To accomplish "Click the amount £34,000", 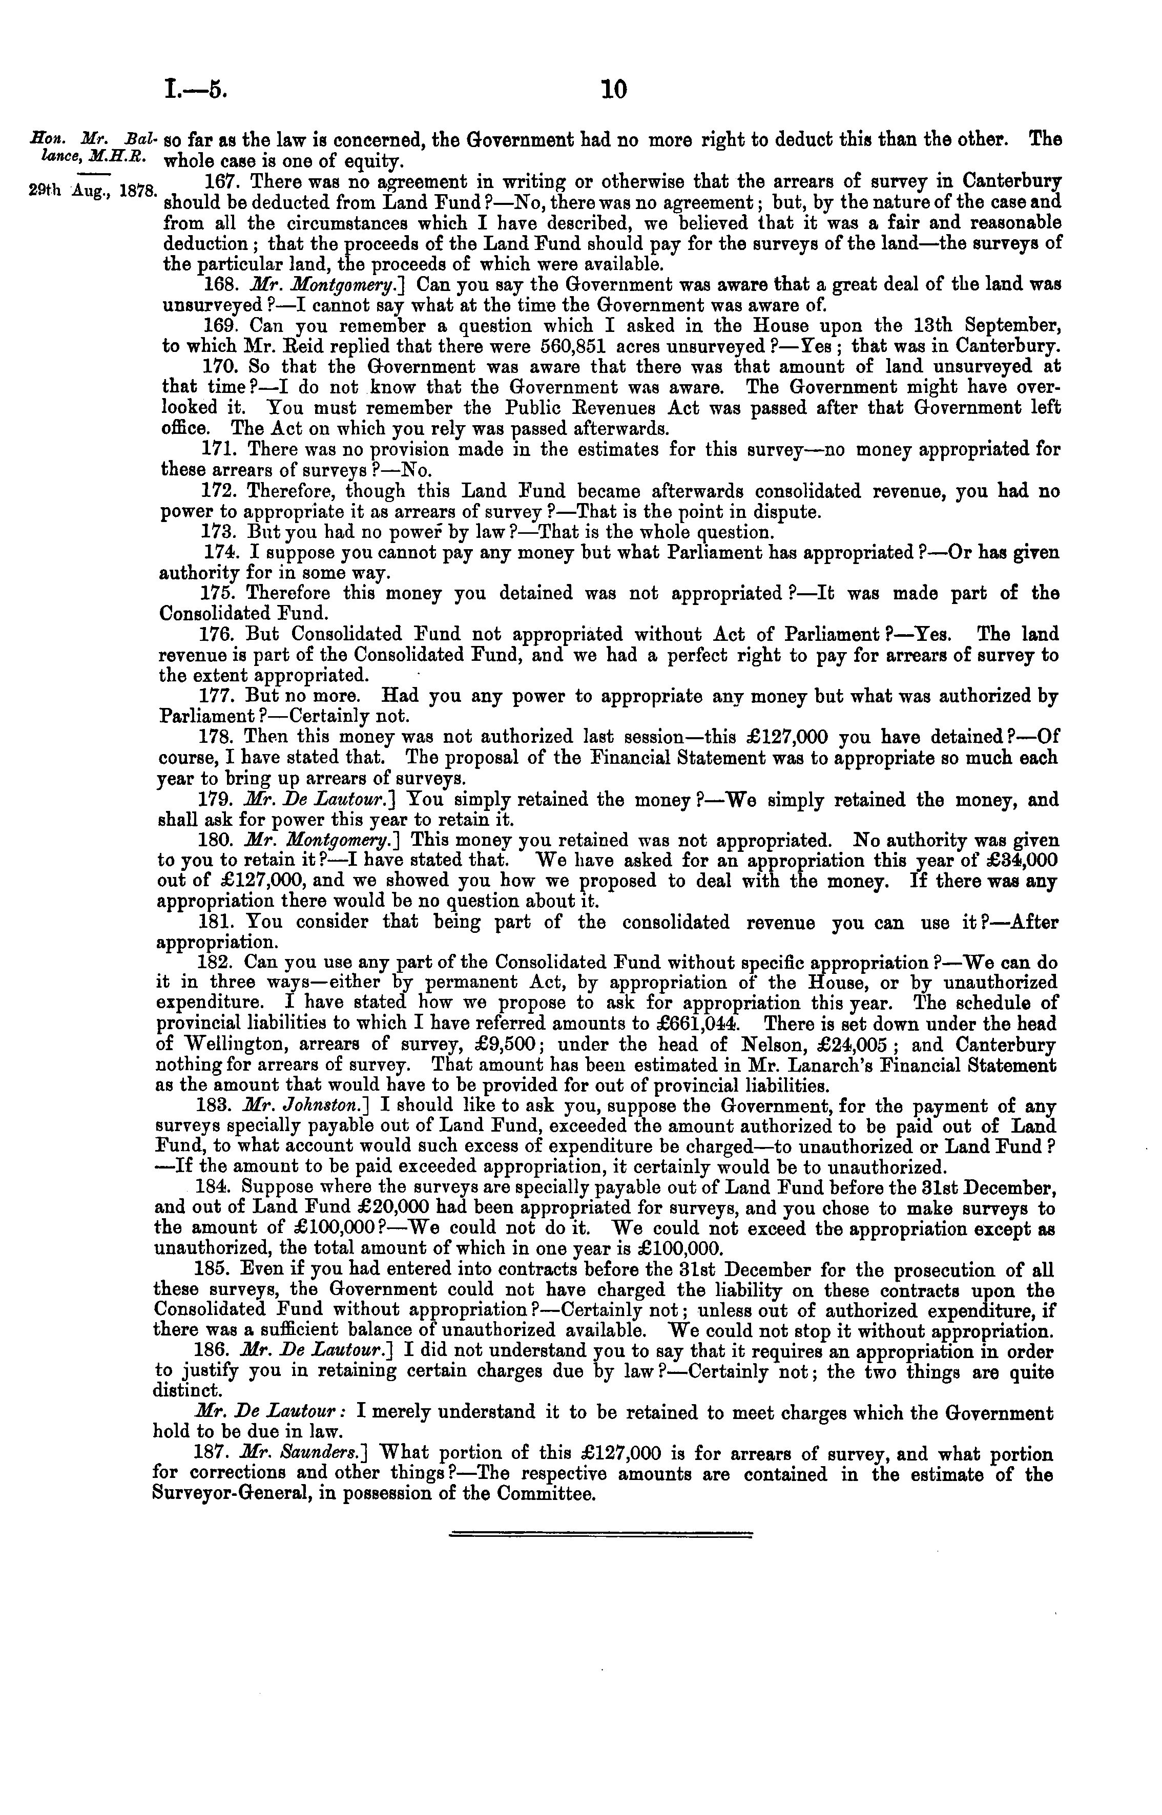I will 1017,861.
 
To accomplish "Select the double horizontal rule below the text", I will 600,1533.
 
